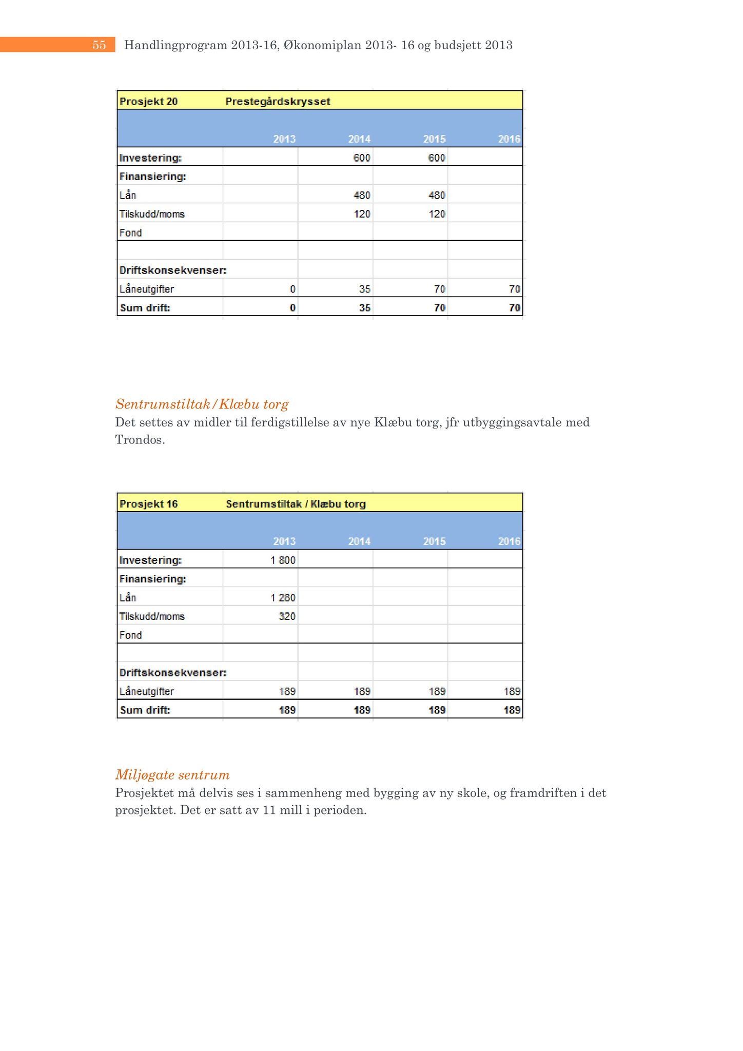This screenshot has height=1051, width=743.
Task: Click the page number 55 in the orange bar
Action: pos(99,45)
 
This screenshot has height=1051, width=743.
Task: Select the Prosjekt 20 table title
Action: pos(148,102)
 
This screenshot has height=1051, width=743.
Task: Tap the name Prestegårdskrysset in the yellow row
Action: pos(278,102)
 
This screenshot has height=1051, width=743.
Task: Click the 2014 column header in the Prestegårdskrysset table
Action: pos(359,139)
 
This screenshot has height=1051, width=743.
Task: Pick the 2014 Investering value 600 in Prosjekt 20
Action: pos(361,158)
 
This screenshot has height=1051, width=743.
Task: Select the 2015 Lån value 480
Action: pos(437,196)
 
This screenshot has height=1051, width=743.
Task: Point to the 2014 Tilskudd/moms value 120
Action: pos(362,214)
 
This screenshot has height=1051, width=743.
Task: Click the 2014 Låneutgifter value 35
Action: pos(364,289)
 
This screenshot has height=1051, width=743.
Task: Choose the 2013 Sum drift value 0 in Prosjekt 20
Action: pos(292,308)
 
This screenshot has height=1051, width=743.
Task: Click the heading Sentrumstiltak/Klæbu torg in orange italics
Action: pos(202,404)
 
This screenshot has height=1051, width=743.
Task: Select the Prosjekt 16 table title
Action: pos(148,504)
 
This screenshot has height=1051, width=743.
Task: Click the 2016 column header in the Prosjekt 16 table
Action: pos(509,541)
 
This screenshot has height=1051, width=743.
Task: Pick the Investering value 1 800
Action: pos(283,560)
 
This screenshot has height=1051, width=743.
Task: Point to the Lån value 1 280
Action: pos(283,598)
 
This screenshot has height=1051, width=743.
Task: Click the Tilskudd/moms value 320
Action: pos(287,616)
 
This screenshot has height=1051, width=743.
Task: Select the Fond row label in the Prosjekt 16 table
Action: pos(130,635)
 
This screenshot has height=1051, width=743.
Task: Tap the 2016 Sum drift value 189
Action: pos(512,710)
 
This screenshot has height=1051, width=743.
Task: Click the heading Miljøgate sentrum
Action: pos(172,775)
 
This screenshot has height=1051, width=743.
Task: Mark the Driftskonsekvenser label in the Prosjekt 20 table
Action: pos(173,270)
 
